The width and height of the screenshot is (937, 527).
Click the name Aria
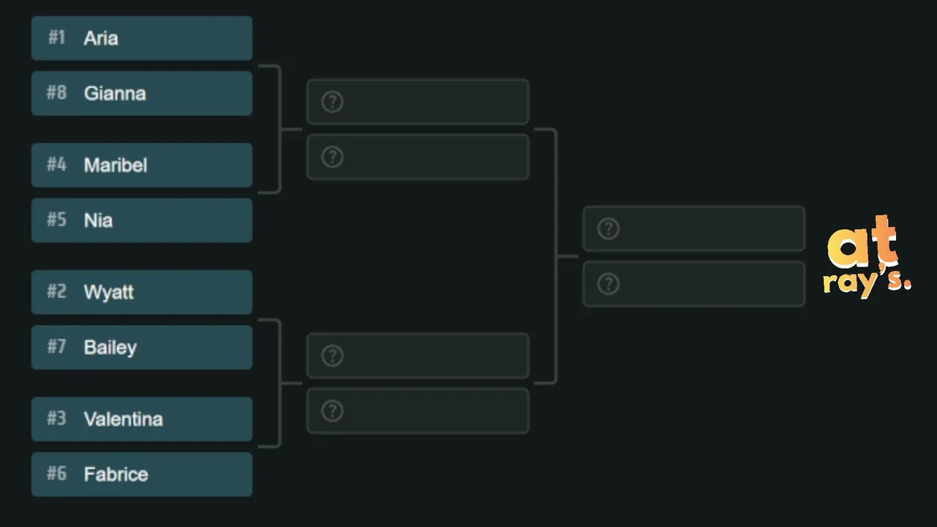pyautogui.click(x=101, y=39)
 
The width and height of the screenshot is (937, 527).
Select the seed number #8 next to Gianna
pyautogui.click(x=56, y=92)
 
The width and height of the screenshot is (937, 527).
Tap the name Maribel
pyautogui.click(x=116, y=165)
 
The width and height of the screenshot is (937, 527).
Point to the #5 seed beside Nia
pyautogui.click(x=56, y=220)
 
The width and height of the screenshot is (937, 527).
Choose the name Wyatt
pyautogui.click(x=109, y=292)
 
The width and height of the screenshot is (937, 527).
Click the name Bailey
pyautogui.click(x=111, y=348)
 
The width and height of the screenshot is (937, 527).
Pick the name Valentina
pyautogui.click(x=124, y=419)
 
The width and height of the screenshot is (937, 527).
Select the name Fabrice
pyautogui.click(x=116, y=474)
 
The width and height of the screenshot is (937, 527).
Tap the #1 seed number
pyautogui.click(x=56, y=37)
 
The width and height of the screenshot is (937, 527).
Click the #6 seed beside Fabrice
pyautogui.click(x=56, y=474)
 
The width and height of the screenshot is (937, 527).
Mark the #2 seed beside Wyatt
pyautogui.click(x=56, y=291)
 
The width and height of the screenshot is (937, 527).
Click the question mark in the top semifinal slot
pyautogui.click(x=332, y=102)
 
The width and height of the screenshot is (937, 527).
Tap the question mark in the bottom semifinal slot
pyautogui.click(x=332, y=411)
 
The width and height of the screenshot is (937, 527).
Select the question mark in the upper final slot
pyautogui.click(x=608, y=229)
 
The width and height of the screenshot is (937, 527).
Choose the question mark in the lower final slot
pyautogui.click(x=608, y=284)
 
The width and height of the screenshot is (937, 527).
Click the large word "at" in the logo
pyautogui.click(x=862, y=242)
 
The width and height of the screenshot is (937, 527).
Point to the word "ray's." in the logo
pyautogui.click(x=867, y=283)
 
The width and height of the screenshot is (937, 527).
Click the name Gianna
pyautogui.click(x=115, y=94)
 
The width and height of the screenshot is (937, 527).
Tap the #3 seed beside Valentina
pyautogui.click(x=56, y=418)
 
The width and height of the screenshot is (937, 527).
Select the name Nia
pyautogui.click(x=98, y=220)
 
